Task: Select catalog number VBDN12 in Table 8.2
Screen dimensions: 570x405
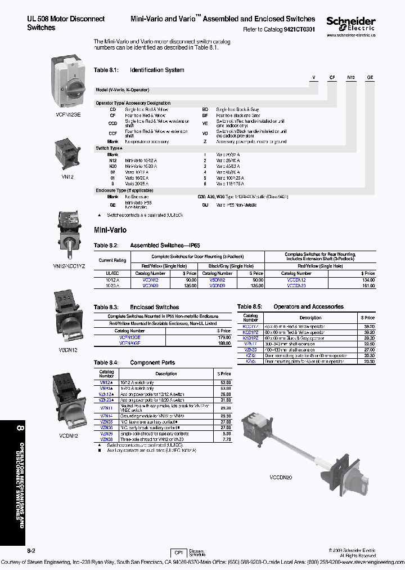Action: [x=217, y=279]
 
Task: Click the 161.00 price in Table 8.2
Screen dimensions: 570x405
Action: [x=368, y=286]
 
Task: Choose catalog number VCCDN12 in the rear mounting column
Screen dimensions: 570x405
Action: [x=296, y=279]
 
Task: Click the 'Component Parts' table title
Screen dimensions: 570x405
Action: [x=152, y=363]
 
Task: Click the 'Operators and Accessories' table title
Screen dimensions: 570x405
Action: [x=308, y=307]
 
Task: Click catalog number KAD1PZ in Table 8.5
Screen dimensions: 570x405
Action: [x=250, y=338]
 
